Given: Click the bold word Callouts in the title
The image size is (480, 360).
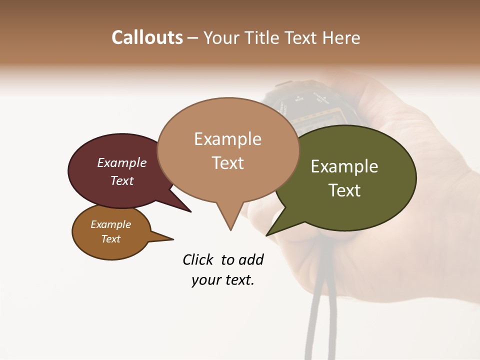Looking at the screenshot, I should click(147, 37).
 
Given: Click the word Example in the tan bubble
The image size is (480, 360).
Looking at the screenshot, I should click(227, 139).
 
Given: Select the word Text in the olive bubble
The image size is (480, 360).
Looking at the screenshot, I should click(344, 190).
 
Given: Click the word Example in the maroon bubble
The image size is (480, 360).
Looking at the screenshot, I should click(122, 163).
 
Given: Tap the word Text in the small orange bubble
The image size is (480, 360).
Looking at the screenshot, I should click(111, 239).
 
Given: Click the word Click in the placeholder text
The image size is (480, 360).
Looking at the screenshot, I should click(198, 259).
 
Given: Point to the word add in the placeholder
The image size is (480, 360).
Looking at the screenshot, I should click(251, 259).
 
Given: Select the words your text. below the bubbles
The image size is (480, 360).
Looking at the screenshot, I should click(222, 280).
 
